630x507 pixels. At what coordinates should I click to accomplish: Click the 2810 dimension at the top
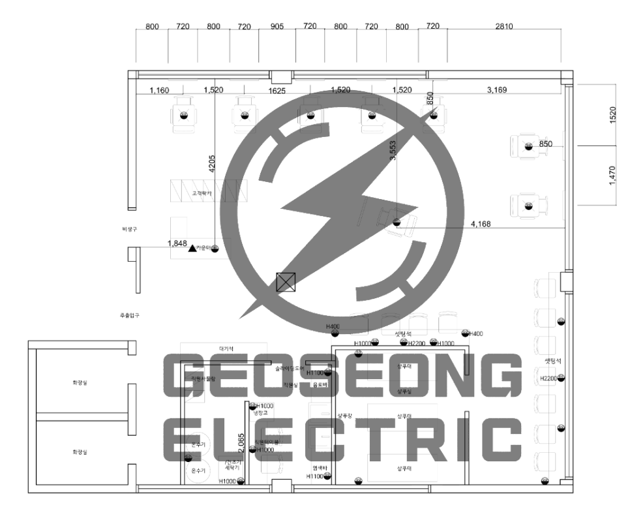click(x=504, y=26)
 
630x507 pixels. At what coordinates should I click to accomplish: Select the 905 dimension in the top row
click(x=276, y=26)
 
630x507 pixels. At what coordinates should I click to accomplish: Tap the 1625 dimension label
click(x=277, y=91)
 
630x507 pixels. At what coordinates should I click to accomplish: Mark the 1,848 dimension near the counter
click(x=177, y=243)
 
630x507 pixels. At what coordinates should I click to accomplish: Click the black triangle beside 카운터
click(x=192, y=248)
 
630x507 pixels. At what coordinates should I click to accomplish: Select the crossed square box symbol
click(x=286, y=282)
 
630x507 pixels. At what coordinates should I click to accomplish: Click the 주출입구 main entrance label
click(x=129, y=315)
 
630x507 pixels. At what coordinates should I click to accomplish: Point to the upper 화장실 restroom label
click(x=80, y=382)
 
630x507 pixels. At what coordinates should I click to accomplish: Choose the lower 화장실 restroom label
click(x=80, y=452)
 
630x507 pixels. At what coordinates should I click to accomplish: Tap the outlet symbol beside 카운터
click(x=215, y=248)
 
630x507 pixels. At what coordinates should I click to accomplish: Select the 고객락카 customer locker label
click(x=202, y=194)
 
